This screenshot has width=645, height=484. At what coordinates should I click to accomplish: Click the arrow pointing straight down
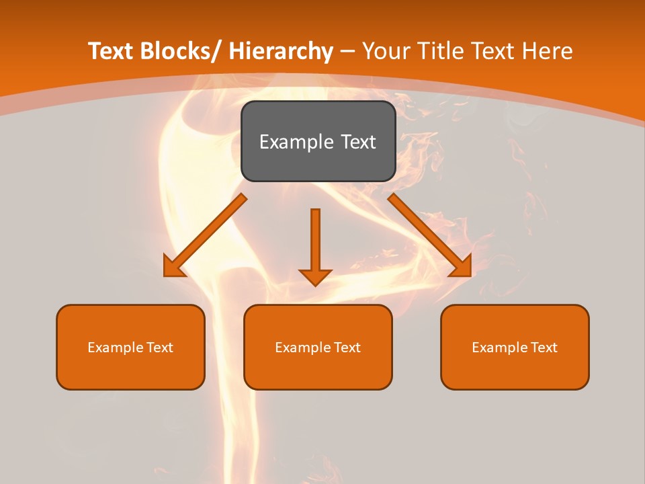(x=315, y=245)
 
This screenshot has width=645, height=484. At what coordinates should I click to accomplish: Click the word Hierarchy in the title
(x=281, y=52)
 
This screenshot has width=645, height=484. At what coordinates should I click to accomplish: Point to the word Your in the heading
(x=386, y=52)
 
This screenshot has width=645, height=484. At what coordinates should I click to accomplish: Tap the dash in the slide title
(x=347, y=52)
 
